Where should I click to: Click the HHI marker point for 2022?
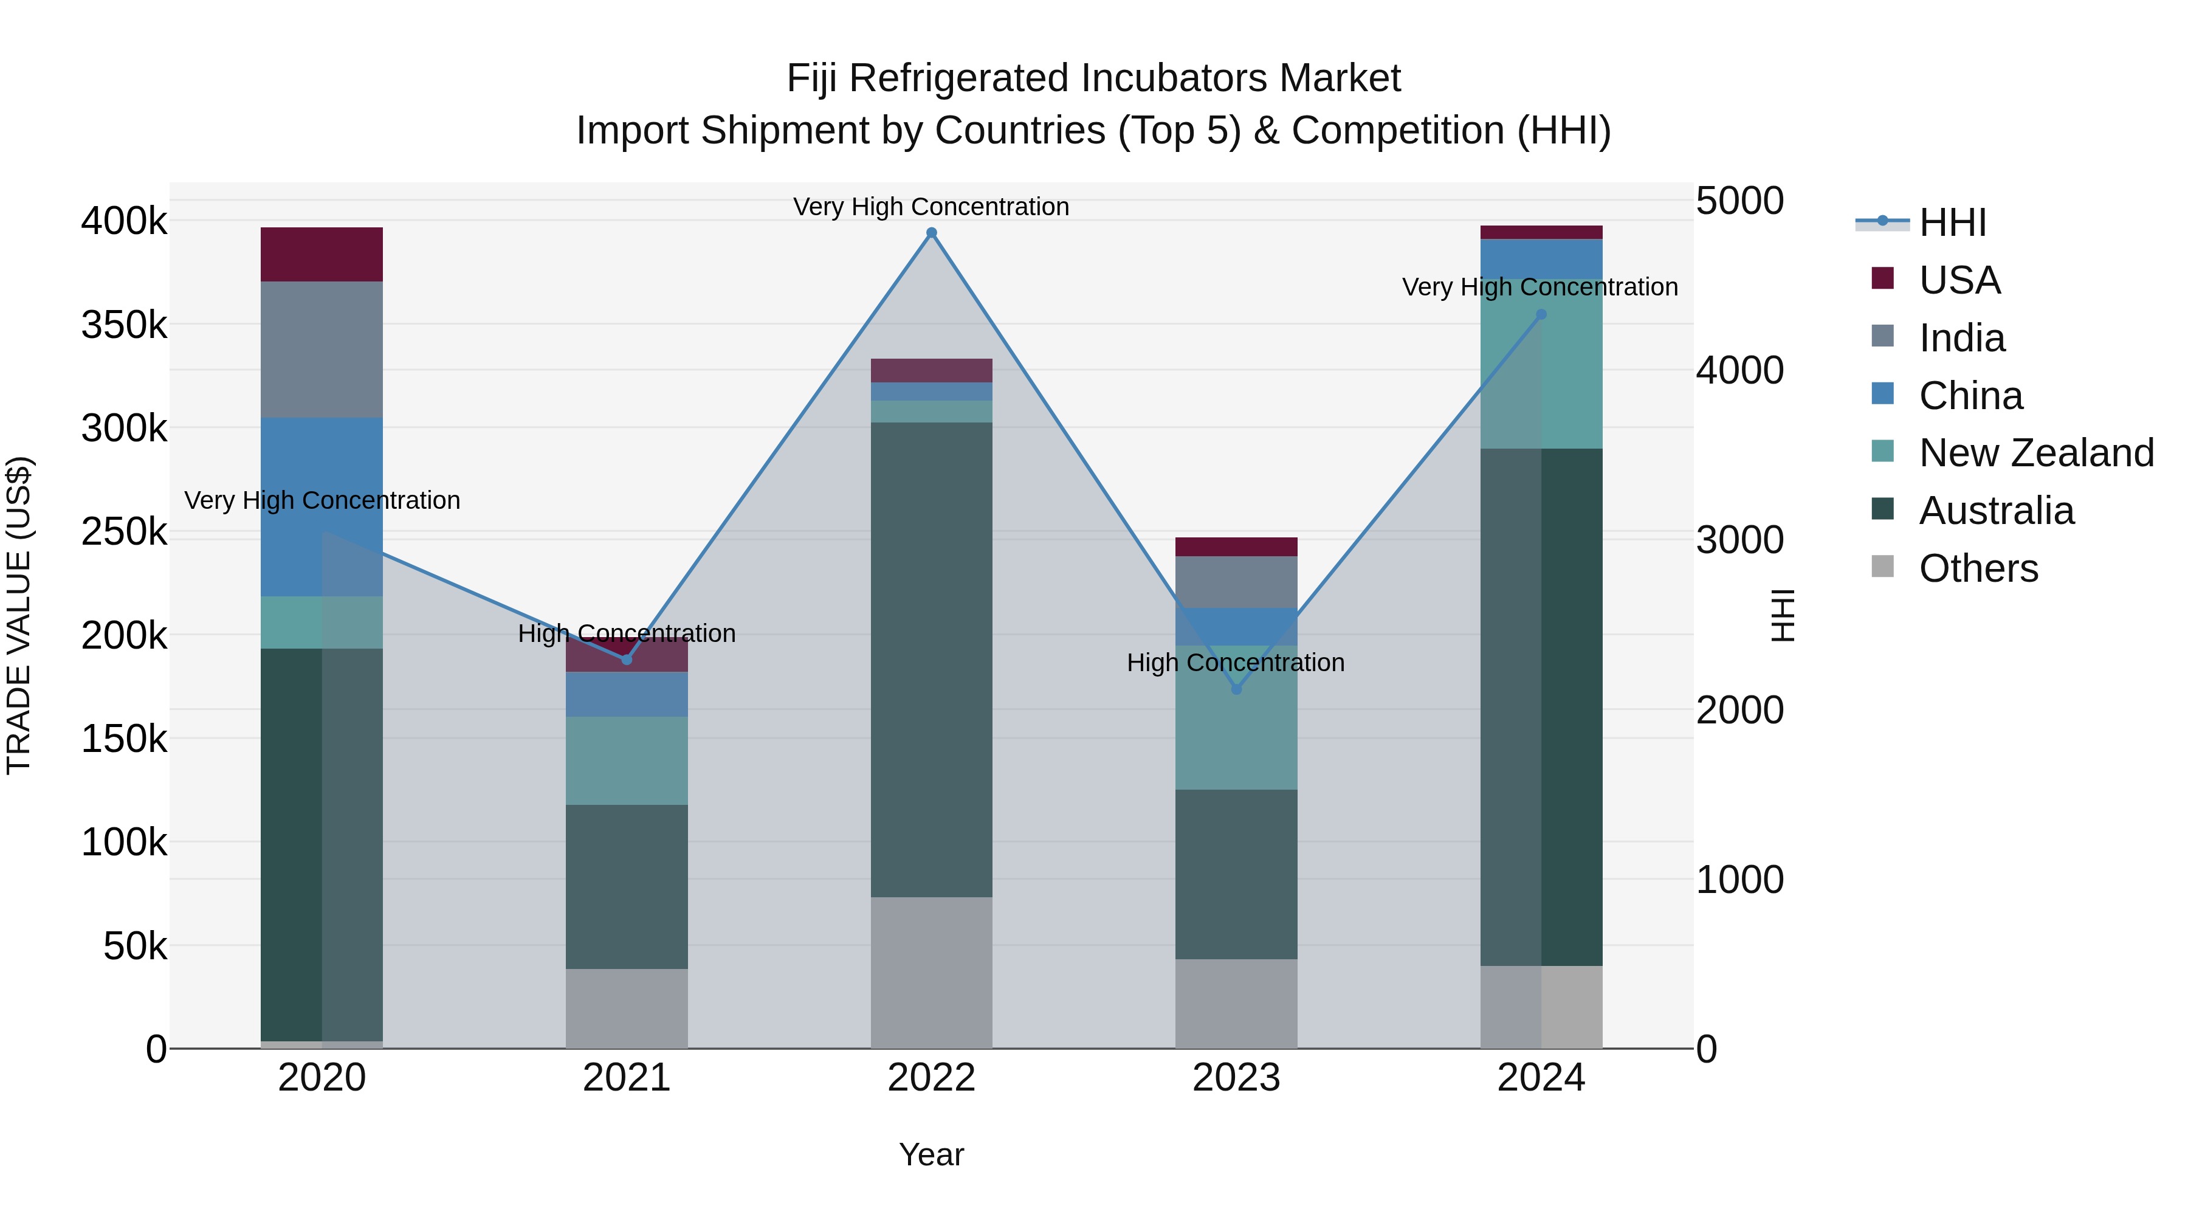click(x=931, y=233)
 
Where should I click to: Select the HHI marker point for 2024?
click(x=1541, y=314)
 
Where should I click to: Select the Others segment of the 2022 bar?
click(x=931, y=972)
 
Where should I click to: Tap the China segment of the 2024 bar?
click(x=1541, y=258)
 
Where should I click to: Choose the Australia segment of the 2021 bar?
click(x=626, y=886)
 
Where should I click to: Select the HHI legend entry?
click(x=1952, y=222)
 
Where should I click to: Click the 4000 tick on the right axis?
click(x=1739, y=370)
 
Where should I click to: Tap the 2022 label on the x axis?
click(x=931, y=1078)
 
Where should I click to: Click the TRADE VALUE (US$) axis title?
click(x=19, y=615)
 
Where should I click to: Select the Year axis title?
click(x=931, y=1154)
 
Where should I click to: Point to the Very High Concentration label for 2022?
click(x=931, y=207)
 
